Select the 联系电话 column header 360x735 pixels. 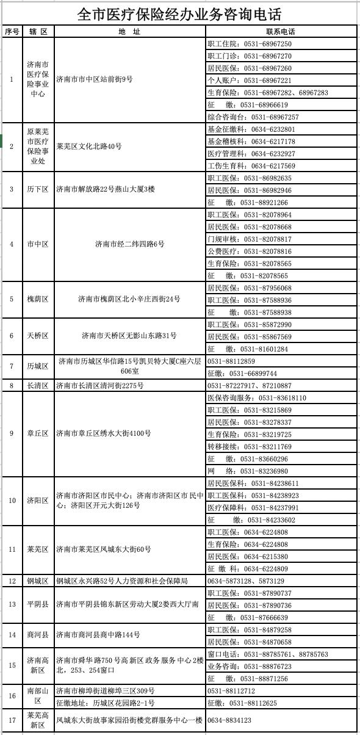coord(281,31)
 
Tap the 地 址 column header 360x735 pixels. coord(129,31)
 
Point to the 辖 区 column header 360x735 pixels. coord(38,31)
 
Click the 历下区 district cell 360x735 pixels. coord(38,189)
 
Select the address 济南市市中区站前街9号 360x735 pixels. coord(95,79)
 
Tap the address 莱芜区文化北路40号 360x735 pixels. coord(89,147)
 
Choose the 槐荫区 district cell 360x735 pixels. coord(38,299)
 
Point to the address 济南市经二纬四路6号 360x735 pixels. coord(129,244)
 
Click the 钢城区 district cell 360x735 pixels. coord(38,581)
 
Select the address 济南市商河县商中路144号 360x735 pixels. coord(98,635)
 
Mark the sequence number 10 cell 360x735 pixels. coord(12,501)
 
